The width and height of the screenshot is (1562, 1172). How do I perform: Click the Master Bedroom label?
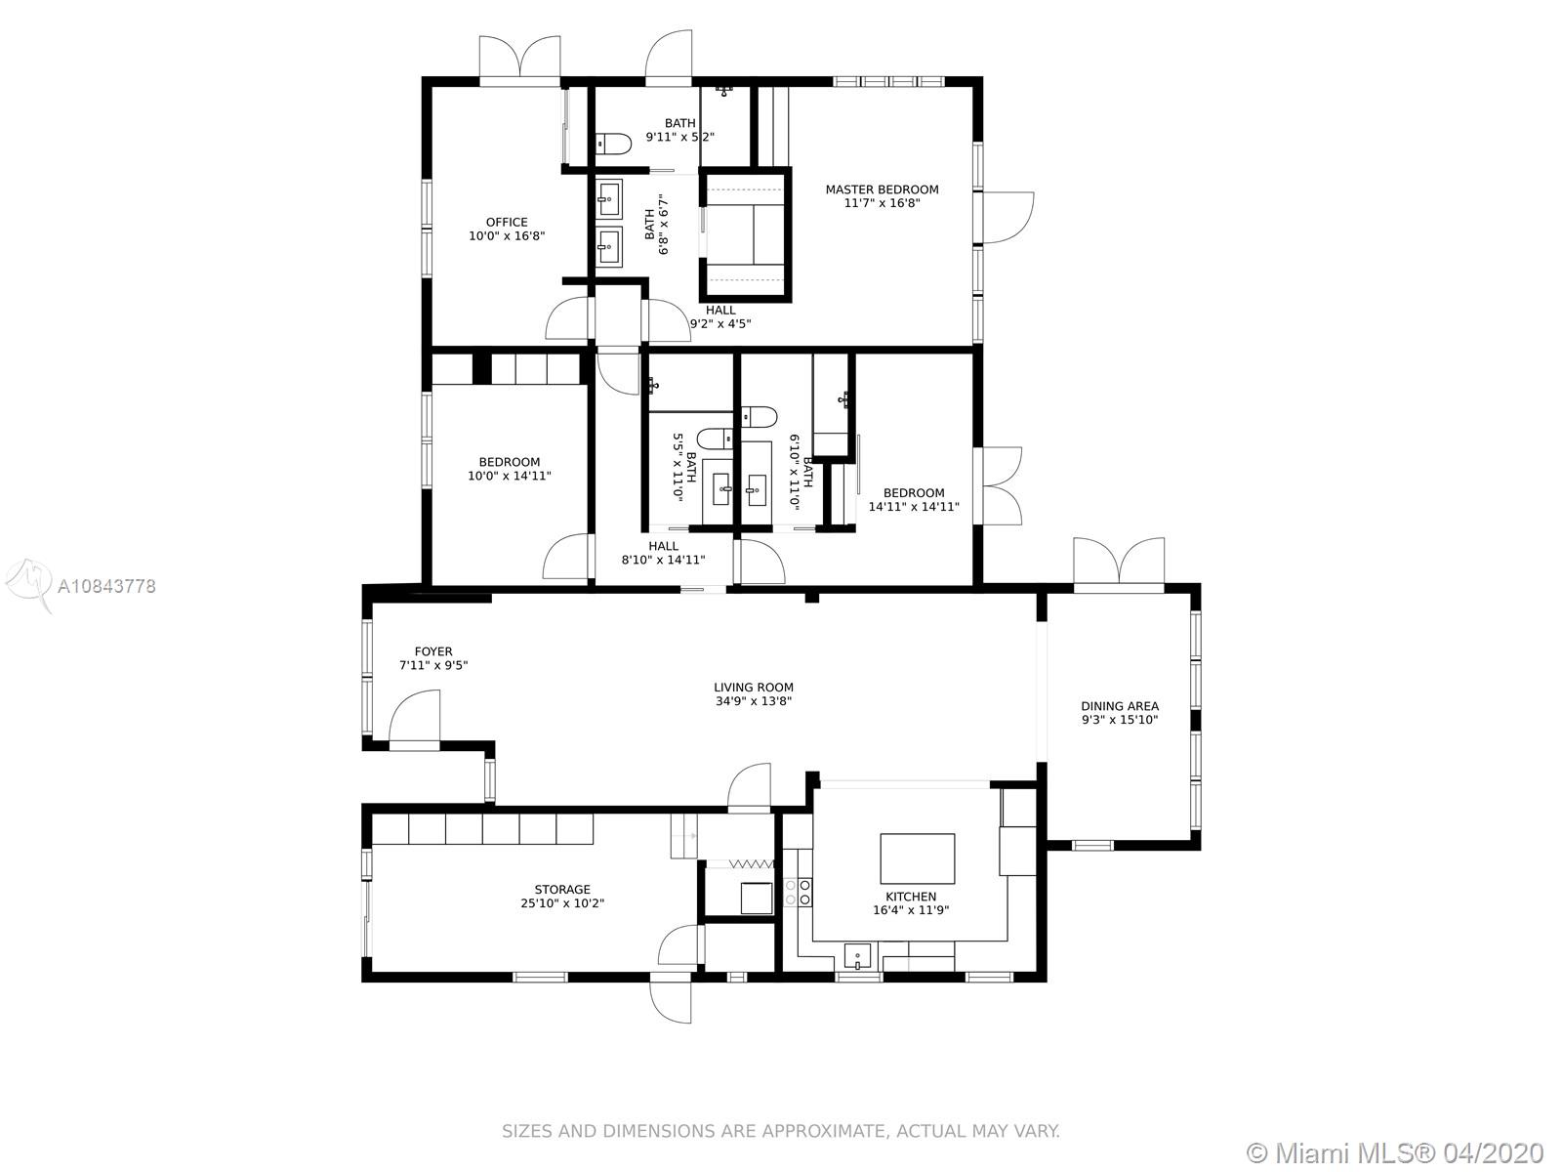click(x=882, y=189)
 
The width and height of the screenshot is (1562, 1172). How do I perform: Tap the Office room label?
click(x=507, y=222)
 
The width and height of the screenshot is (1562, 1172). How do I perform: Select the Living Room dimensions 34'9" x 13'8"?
click(x=754, y=701)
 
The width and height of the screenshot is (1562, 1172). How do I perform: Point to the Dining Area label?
click(x=1120, y=706)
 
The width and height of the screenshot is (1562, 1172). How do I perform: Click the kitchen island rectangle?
click(x=918, y=858)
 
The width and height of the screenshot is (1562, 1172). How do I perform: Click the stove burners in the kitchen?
click(x=798, y=893)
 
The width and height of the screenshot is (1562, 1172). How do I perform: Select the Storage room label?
click(x=562, y=890)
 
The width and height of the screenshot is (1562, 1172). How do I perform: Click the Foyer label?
click(x=433, y=651)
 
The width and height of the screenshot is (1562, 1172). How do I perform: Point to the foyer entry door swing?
click(x=414, y=717)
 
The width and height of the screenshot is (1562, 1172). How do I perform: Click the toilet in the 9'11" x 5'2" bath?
click(x=613, y=145)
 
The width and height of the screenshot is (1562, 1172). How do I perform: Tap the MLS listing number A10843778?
click(x=106, y=586)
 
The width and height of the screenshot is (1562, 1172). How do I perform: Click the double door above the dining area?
click(x=1119, y=564)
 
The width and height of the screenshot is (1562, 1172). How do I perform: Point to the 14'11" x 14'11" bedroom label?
click(x=914, y=499)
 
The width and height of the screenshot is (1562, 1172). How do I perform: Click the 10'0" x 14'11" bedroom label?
click(x=510, y=468)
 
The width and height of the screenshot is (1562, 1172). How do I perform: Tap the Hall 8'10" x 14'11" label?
click(x=663, y=553)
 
